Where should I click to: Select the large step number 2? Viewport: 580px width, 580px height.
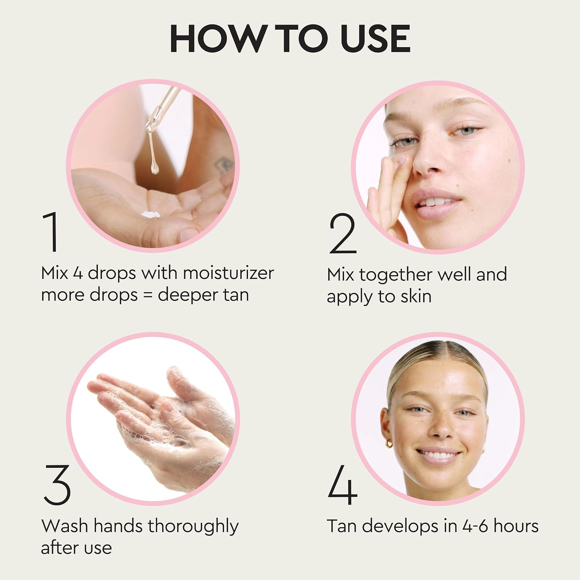(x=342, y=234)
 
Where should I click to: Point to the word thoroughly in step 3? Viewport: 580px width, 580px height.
(x=193, y=527)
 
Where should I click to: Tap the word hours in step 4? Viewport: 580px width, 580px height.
(x=516, y=526)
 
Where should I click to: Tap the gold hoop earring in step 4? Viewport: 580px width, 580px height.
(x=389, y=443)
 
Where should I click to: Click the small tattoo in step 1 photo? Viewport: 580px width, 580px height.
(x=223, y=165)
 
